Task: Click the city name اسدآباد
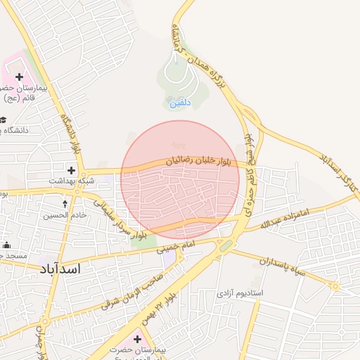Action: click(57, 269)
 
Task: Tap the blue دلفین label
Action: click(180, 103)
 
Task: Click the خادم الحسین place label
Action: click(69, 215)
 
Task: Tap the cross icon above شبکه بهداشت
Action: click(71, 169)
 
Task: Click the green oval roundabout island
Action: click(226, 245)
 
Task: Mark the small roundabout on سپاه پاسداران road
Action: click(336, 285)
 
